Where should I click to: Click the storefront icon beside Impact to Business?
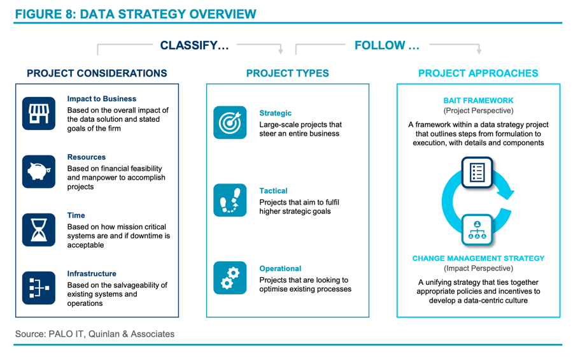click(39, 113)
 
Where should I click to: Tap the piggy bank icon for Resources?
click(39, 171)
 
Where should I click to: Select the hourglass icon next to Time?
click(39, 230)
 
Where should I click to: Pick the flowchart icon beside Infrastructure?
click(39, 288)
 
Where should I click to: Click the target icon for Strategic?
click(230, 122)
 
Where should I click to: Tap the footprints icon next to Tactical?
click(230, 200)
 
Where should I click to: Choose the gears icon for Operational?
click(230, 278)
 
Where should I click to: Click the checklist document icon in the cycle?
click(478, 172)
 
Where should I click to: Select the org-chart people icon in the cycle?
click(478, 230)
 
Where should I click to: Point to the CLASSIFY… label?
click(194, 45)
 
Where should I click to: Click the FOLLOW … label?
click(387, 45)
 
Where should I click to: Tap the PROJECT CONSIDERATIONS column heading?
click(97, 73)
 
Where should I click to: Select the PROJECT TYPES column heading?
click(288, 73)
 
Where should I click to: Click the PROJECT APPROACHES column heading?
click(478, 73)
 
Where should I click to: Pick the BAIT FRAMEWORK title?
click(478, 100)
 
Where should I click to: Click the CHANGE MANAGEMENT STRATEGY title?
click(478, 258)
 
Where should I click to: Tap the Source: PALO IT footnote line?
click(95, 334)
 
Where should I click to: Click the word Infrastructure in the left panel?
click(92, 273)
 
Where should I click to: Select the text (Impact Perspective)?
click(478, 268)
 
